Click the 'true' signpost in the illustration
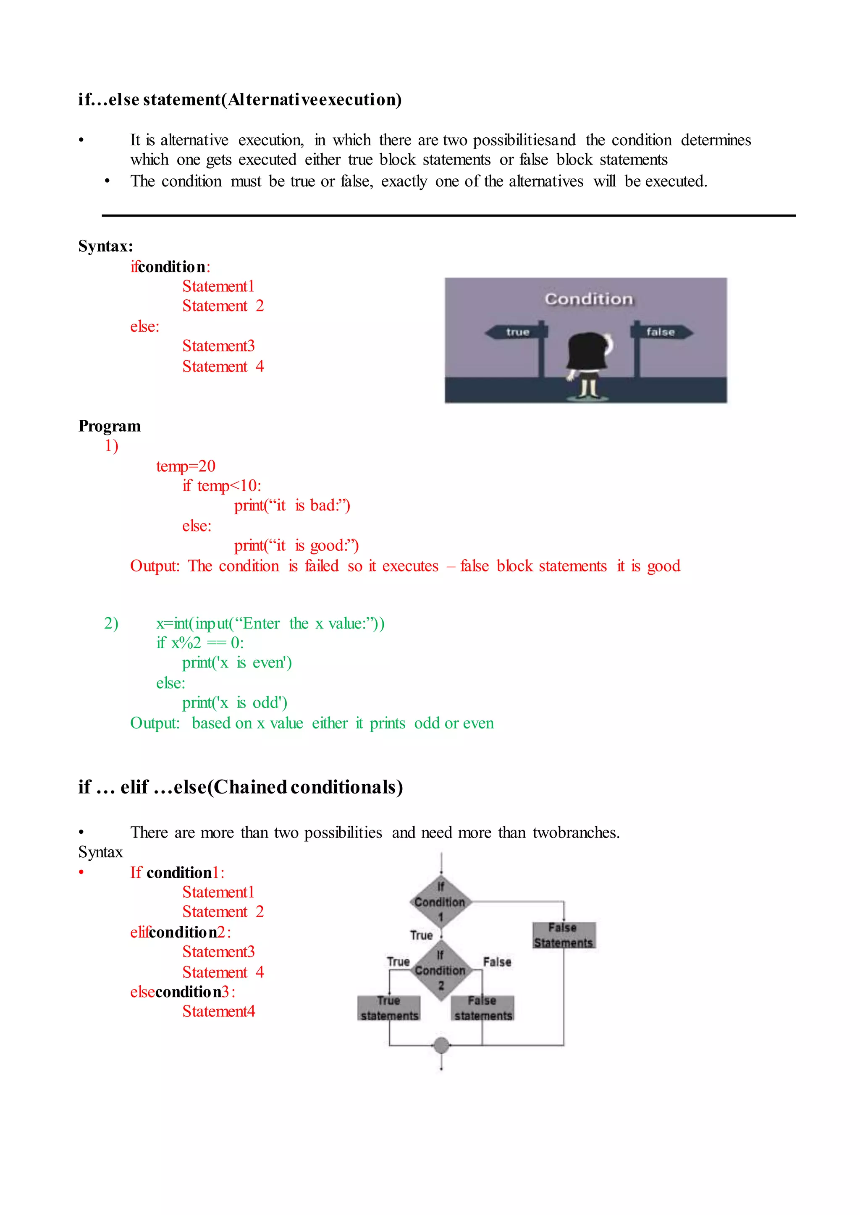point(517,332)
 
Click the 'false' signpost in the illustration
point(661,332)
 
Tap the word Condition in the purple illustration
point(588,299)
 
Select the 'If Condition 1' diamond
point(440,901)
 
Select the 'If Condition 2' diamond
point(440,970)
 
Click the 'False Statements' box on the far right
point(564,935)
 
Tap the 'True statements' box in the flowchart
point(389,1008)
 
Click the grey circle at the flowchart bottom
point(441,1045)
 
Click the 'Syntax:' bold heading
point(106,246)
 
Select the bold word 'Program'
point(110,426)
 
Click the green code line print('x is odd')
point(235,702)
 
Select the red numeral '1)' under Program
point(111,446)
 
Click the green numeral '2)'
point(111,623)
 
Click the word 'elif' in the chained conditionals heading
point(134,787)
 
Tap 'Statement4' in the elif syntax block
point(219,1011)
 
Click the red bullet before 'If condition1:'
point(81,872)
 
